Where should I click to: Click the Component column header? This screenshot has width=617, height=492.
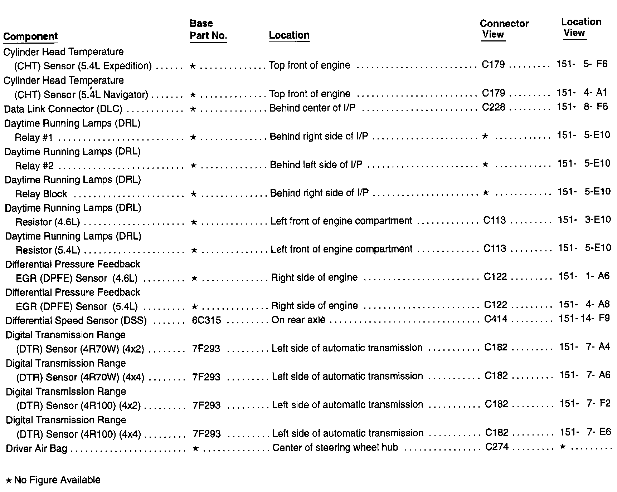(30, 36)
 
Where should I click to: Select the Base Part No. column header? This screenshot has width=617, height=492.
(208, 30)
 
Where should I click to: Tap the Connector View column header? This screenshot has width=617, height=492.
(504, 29)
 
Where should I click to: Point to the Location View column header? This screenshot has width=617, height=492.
(580, 27)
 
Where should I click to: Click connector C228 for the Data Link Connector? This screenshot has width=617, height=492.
(494, 107)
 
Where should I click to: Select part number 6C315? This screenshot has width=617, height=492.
(206, 320)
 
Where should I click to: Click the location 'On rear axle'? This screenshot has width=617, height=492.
(298, 320)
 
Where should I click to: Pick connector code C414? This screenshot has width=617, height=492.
(496, 319)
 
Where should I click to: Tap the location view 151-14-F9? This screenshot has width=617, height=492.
(584, 318)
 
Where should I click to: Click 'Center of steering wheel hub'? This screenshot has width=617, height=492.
(335, 447)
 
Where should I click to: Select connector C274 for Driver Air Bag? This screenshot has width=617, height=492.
(497, 447)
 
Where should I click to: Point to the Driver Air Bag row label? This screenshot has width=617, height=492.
(37, 448)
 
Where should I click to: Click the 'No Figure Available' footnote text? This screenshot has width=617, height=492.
(57, 480)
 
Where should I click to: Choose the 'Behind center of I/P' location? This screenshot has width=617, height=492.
(312, 108)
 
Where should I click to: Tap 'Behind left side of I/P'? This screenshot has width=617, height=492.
(316, 164)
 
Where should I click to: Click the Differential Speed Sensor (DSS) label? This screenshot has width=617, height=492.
(76, 320)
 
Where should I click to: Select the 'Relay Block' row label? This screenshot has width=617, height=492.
(41, 194)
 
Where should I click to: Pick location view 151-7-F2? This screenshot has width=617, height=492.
(585, 403)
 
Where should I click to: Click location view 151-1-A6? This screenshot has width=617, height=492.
(584, 276)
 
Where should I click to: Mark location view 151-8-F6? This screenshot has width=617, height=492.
(582, 107)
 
